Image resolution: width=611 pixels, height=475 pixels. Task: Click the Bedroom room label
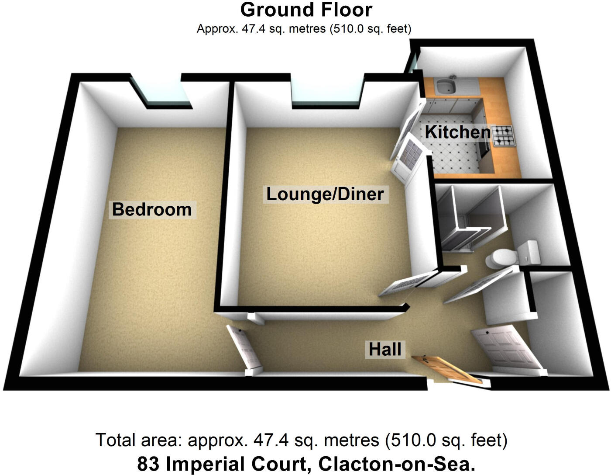coord(152,209)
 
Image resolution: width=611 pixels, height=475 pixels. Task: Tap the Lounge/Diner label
coord(325,194)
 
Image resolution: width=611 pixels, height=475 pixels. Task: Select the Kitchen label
coord(458,132)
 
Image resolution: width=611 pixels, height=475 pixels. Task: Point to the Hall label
coord(385,350)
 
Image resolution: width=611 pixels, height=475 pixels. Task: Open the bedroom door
coord(244,348)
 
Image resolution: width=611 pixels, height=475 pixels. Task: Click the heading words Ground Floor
coord(306,10)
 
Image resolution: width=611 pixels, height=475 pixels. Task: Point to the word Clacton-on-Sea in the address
coord(396,464)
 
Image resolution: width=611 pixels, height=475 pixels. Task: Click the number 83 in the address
coord(149,464)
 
